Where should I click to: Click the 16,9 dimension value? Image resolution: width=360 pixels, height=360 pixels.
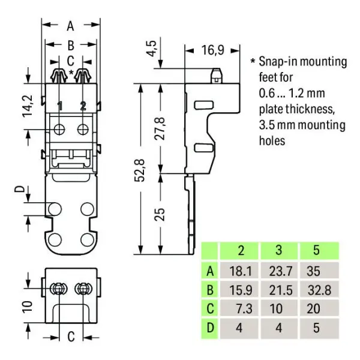[212, 50]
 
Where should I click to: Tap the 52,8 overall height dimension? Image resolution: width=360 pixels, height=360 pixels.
[140, 170]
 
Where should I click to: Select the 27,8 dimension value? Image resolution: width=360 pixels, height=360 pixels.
[160, 128]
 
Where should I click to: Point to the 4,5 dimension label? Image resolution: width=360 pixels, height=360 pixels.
[152, 48]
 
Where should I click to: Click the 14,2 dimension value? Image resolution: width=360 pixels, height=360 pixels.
[28, 106]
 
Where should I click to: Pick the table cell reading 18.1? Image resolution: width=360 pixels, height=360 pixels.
[241, 271]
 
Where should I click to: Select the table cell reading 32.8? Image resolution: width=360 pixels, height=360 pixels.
[319, 290]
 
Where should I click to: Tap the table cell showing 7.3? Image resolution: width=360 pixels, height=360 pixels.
[244, 308]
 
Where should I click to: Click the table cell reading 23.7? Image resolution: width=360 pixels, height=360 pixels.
[281, 271]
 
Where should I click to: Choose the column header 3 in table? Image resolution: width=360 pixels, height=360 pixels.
[279, 250]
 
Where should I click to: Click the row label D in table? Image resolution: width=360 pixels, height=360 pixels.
[210, 328]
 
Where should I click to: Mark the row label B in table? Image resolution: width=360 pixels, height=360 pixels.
[210, 290]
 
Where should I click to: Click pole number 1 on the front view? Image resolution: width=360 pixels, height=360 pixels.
[59, 106]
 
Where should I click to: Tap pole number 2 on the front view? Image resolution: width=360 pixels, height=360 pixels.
[83, 106]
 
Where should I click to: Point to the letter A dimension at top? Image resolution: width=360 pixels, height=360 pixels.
[70, 26]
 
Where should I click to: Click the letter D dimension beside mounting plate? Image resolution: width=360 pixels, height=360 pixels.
[20, 189]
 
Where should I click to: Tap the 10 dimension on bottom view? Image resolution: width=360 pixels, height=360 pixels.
[28, 307]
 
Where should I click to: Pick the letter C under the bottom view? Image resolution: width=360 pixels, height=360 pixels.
[71, 337]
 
